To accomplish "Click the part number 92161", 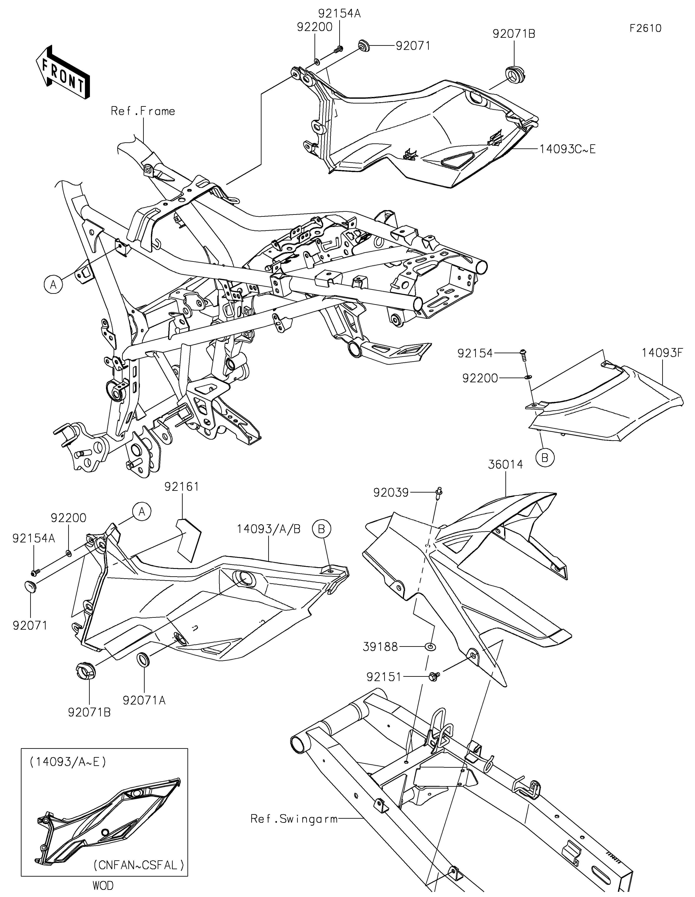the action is pyautogui.click(x=182, y=487).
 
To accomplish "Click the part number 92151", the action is pyautogui.click(x=384, y=677).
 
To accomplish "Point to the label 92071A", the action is pyautogui.click(x=144, y=700).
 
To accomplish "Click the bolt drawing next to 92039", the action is pyautogui.click(x=439, y=493).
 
